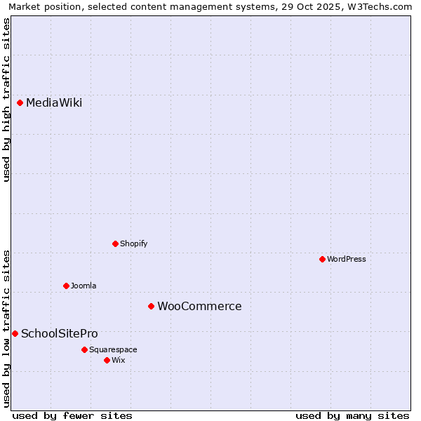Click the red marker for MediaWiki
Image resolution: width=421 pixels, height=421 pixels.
click(20, 103)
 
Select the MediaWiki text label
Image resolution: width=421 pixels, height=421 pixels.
click(54, 103)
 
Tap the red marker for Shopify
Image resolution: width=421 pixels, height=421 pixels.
click(116, 243)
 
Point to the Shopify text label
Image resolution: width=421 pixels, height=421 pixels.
click(133, 243)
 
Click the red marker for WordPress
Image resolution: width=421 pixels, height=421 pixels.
click(323, 259)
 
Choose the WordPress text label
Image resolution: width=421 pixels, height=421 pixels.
click(347, 259)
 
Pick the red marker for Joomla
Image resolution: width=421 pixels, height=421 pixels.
click(67, 286)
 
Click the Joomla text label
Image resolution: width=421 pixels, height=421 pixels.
click(83, 286)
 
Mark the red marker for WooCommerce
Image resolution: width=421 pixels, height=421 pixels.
click(151, 306)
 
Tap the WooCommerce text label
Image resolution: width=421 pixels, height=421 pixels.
click(199, 306)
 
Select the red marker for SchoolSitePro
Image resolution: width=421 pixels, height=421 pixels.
click(15, 333)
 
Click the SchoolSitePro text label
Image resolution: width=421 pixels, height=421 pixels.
click(60, 333)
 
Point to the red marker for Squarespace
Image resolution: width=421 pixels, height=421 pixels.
click(84, 349)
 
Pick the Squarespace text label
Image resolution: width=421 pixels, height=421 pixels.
click(113, 349)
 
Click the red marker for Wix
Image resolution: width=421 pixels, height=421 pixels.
click(107, 360)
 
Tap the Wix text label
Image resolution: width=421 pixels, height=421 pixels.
click(119, 360)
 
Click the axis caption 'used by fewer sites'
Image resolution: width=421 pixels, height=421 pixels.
click(72, 415)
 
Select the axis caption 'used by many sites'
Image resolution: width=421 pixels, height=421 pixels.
click(352, 415)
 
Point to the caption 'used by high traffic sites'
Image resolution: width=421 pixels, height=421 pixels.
click(6, 99)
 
